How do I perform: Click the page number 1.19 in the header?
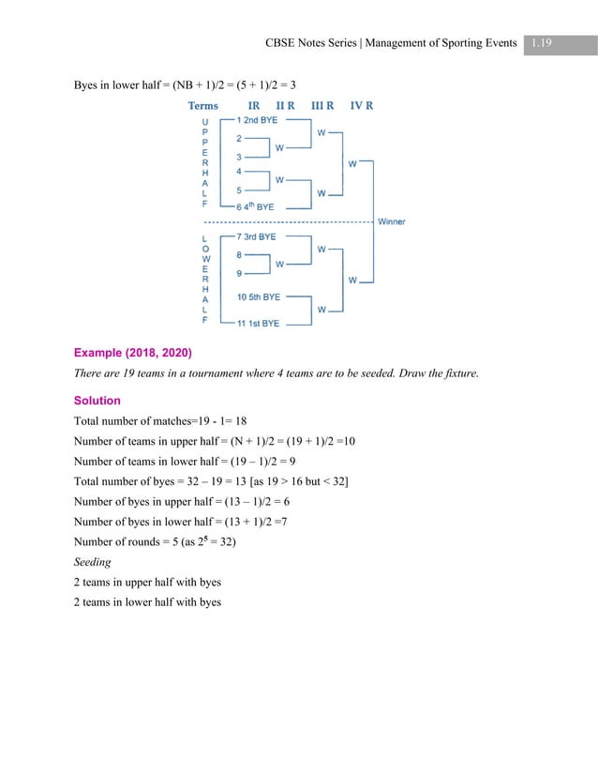pos(541,43)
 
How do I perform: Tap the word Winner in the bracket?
pos(391,221)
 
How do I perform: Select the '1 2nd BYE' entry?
pos(257,120)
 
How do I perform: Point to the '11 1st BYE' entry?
pos(258,324)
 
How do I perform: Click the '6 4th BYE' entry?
pos(255,206)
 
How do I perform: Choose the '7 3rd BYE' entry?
pos(256,236)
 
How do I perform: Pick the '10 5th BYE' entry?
pos(259,297)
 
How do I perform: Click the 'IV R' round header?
pos(362,106)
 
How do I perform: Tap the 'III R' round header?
pos(322,106)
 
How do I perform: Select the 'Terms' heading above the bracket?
pos(203,106)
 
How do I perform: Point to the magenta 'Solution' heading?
pos(97,401)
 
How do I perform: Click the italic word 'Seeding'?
pos(93,562)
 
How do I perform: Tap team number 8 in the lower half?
pos(239,255)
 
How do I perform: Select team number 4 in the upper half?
pos(239,172)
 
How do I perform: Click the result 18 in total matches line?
pos(241,421)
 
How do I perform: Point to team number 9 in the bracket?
pos(239,273)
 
